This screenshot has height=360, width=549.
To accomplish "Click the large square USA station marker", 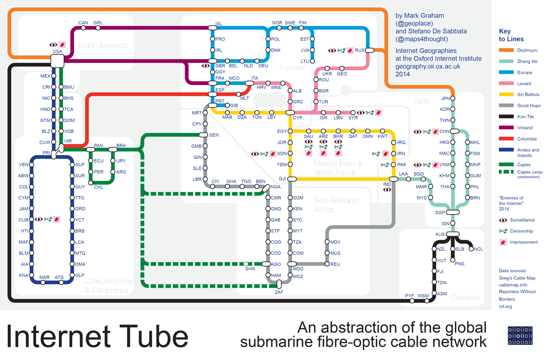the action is [57, 61].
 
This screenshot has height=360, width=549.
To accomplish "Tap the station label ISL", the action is [219, 24].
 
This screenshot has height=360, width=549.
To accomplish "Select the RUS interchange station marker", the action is [370, 50].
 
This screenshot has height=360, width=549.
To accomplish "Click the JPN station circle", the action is [452, 98].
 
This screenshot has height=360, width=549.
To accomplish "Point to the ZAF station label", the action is [279, 292].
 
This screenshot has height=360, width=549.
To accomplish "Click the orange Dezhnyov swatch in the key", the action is [506, 50].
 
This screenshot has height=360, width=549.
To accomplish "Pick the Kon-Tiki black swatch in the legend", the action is [506, 117].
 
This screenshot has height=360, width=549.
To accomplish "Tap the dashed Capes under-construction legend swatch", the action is [506, 172].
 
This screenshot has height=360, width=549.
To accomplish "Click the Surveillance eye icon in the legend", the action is [503, 220].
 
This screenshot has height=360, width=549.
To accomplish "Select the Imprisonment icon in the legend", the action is [503, 242].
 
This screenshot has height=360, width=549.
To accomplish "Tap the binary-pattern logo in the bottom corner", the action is [520, 336].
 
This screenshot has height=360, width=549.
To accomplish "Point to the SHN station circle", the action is [246, 264].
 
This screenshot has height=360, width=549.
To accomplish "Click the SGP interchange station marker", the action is [452, 212].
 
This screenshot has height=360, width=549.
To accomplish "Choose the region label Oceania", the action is [465, 297].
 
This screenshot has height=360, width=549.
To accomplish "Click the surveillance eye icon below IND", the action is [387, 189].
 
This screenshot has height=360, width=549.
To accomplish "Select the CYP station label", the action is [298, 118].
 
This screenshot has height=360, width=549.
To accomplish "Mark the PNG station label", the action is [459, 264].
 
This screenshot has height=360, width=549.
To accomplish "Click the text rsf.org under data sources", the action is [505, 306].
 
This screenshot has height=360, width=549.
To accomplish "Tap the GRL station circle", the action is [98, 28].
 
